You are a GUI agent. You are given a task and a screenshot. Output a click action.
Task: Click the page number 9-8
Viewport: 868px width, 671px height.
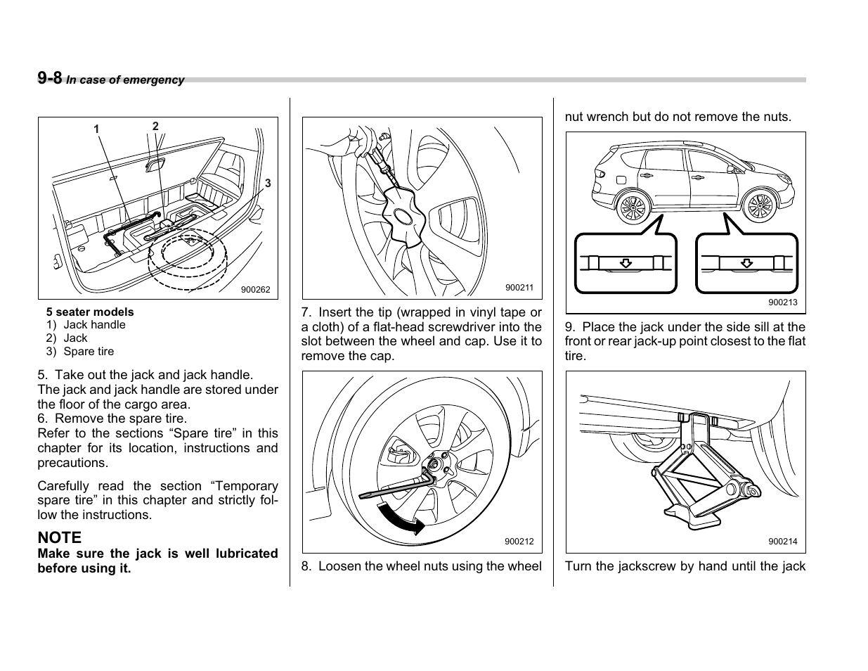click(50, 78)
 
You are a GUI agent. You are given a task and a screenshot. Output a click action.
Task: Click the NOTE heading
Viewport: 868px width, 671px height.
click(60, 537)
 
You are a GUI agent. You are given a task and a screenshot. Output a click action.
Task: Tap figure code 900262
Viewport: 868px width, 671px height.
click(255, 290)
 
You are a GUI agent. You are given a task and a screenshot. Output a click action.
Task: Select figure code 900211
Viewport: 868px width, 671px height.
click(519, 288)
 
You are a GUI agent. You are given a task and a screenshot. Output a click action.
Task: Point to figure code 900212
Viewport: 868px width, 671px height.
click(519, 542)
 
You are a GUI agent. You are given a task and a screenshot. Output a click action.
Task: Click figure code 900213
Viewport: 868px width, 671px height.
click(782, 302)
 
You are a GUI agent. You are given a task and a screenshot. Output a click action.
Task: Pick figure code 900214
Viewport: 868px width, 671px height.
click(782, 542)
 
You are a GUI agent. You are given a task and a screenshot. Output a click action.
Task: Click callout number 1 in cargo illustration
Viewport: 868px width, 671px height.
click(97, 129)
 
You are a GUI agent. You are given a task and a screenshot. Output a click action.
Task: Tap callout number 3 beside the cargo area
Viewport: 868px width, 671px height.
click(268, 184)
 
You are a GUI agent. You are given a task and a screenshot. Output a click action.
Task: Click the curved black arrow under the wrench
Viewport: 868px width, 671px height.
click(401, 518)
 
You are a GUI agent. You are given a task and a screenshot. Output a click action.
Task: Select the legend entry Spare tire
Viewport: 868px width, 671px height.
click(89, 351)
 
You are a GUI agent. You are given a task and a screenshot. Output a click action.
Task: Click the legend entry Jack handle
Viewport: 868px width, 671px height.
click(94, 324)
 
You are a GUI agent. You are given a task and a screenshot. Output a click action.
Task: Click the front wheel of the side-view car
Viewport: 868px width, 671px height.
click(759, 207)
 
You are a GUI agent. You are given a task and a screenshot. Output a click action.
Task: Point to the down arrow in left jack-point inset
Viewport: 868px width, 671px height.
click(626, 263)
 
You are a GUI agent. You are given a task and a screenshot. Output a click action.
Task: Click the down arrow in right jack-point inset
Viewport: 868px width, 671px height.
click(746, 263)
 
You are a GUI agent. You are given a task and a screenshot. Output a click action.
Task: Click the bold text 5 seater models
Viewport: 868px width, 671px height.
click(90, 312)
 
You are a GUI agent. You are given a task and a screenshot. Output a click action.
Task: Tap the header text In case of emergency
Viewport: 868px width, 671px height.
click(125, 80)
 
